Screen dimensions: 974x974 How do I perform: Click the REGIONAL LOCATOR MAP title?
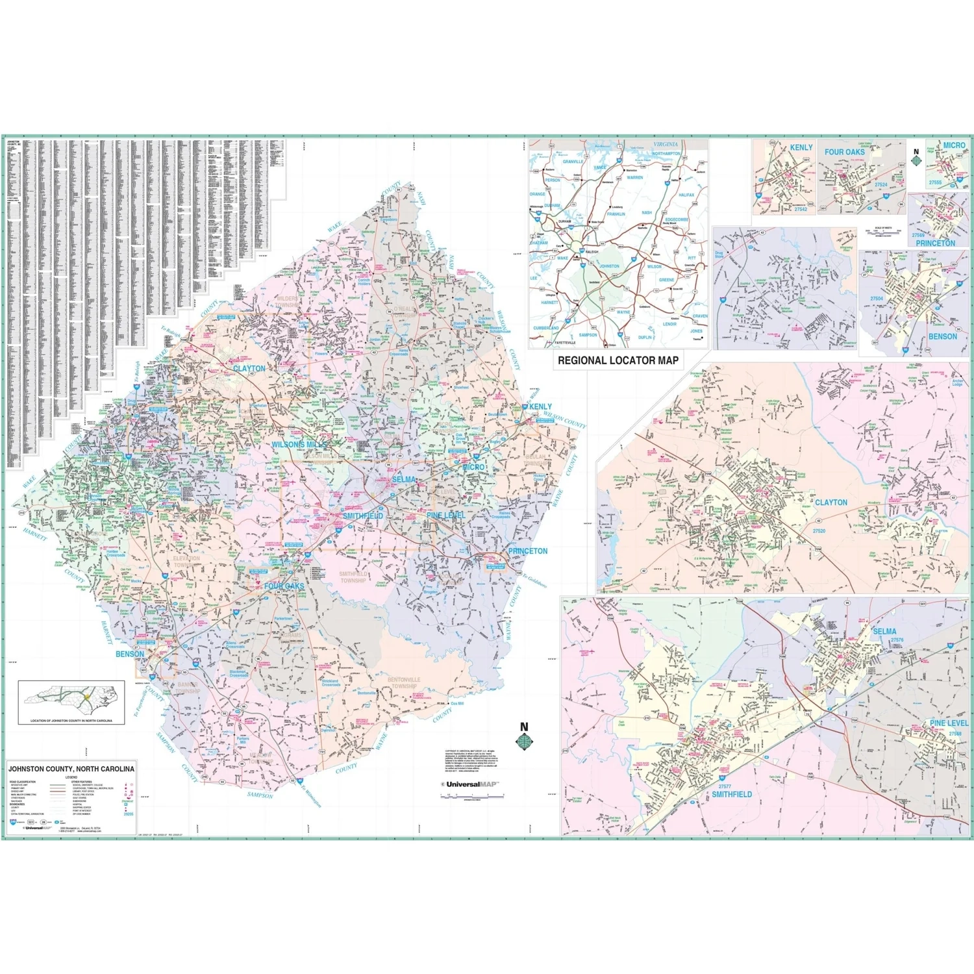click(618, 360)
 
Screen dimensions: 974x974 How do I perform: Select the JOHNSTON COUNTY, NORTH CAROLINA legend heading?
click(71, 769)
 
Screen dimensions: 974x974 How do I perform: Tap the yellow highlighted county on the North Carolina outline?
click(86, 696)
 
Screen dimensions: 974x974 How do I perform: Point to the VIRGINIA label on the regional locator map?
click(665, 144)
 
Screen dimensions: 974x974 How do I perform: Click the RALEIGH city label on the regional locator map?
click(592, 252)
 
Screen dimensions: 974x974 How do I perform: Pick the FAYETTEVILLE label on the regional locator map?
click(564, 342)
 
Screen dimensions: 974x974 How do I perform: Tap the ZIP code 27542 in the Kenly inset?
click(801, 209)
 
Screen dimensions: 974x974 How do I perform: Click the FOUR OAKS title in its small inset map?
click(844, 152)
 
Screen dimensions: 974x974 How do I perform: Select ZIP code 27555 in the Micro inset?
click(935, 182)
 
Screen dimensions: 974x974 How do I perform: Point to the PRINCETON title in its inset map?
click(935, 243)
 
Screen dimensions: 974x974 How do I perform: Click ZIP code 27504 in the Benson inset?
click(877, 299)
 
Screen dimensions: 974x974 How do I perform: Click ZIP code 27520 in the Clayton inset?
click(819, 531)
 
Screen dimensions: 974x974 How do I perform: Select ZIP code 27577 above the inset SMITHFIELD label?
click(725, 786)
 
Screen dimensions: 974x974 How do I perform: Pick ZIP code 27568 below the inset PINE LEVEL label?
click(955, 734)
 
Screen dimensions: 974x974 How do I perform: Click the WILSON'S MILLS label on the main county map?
click(299, 445)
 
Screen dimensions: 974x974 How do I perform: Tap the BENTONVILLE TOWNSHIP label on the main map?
click(404, 682)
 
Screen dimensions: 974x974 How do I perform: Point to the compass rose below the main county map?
click(524, 741)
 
